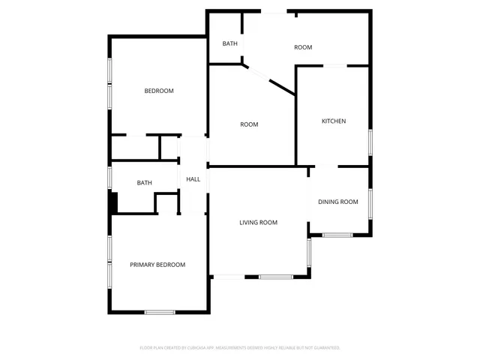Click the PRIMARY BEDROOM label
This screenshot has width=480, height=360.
coord(157,265)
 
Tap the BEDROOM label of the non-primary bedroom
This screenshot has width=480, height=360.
coord(159,91)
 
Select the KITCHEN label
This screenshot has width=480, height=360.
coord(334,121)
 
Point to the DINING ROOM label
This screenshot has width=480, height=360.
coord(338,202)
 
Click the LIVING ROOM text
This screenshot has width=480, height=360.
coord(259,223)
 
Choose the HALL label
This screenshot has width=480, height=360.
coord(193,179)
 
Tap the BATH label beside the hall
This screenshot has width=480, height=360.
coord(145,183)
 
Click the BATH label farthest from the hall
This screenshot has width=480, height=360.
coord(230,43)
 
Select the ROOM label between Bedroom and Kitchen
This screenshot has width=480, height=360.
coord(249,124)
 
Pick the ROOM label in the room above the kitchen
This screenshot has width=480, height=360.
coord(303,48)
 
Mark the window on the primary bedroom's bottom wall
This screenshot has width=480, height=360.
coord(160,312)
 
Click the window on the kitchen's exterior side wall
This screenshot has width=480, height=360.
coord(370,142)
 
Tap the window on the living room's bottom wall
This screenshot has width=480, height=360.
coord(276,277)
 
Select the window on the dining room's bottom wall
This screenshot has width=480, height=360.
coord(337,235)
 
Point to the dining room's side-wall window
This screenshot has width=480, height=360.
coord(370,202)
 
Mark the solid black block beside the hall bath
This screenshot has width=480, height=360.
coord(114,203)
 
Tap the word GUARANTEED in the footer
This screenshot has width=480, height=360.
coord(326,348)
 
